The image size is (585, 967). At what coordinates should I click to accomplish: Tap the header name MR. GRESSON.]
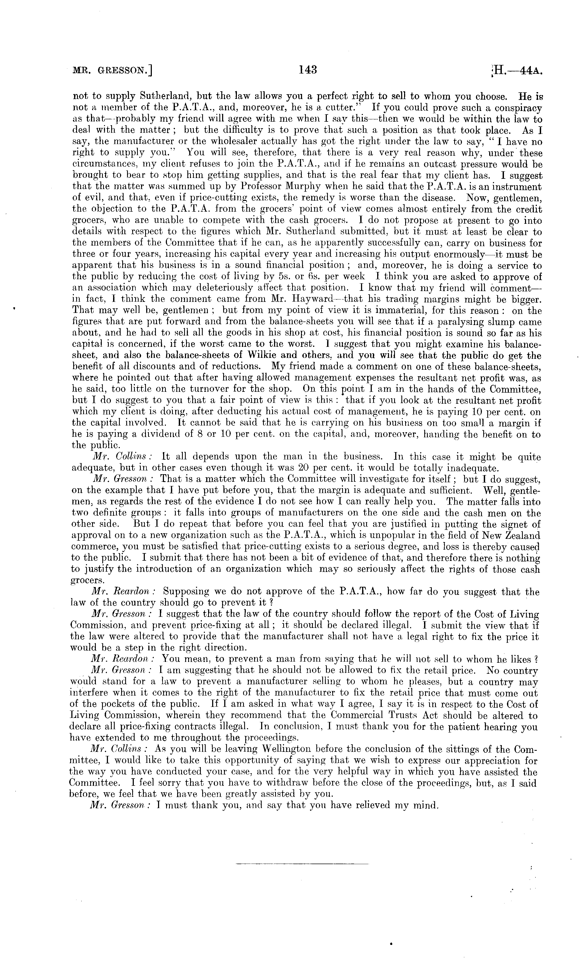click(113, 71)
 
